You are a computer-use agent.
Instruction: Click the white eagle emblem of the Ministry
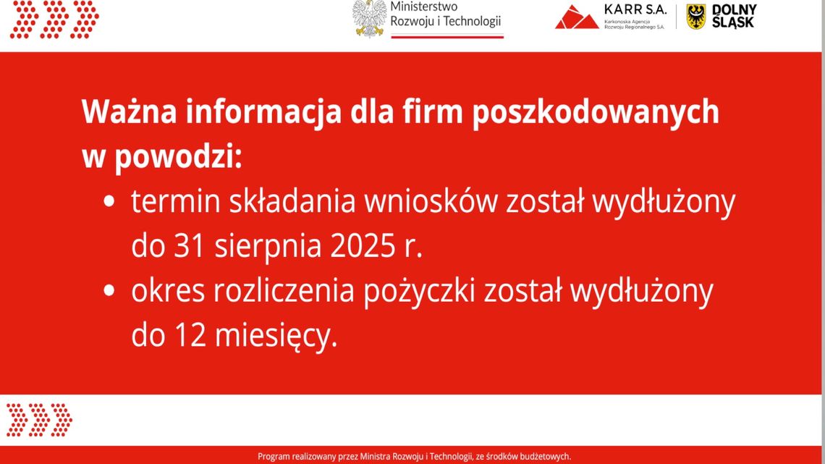coord(370,18)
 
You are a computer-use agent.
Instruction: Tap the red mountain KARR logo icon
coord(577,17)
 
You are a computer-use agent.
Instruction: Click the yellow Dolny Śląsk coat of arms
coord(695,16)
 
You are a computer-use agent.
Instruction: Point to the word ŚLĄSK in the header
coord(733,22)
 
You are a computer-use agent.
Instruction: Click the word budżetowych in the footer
coord(544,457)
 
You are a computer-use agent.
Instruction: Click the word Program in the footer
coord(274,457)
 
